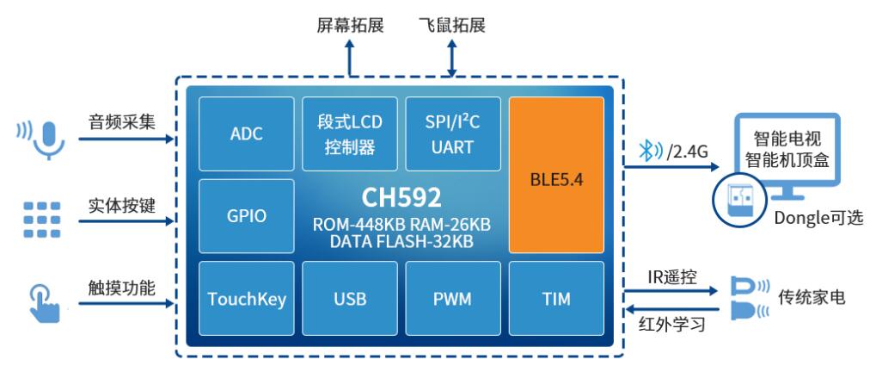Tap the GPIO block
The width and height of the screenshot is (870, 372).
(247, 215)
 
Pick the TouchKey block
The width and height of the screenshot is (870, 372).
(247, 299)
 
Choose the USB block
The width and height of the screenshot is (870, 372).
(350, 299)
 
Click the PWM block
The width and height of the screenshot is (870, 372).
(453, 299)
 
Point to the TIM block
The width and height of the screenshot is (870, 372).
(556, 299)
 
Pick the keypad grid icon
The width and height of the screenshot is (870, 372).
(42, 220)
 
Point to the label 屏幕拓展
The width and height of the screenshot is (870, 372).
(350, 25)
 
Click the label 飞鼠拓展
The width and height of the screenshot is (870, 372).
(453, 25)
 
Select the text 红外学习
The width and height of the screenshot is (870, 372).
(672, 325)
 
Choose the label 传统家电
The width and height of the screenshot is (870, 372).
(812, 297)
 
